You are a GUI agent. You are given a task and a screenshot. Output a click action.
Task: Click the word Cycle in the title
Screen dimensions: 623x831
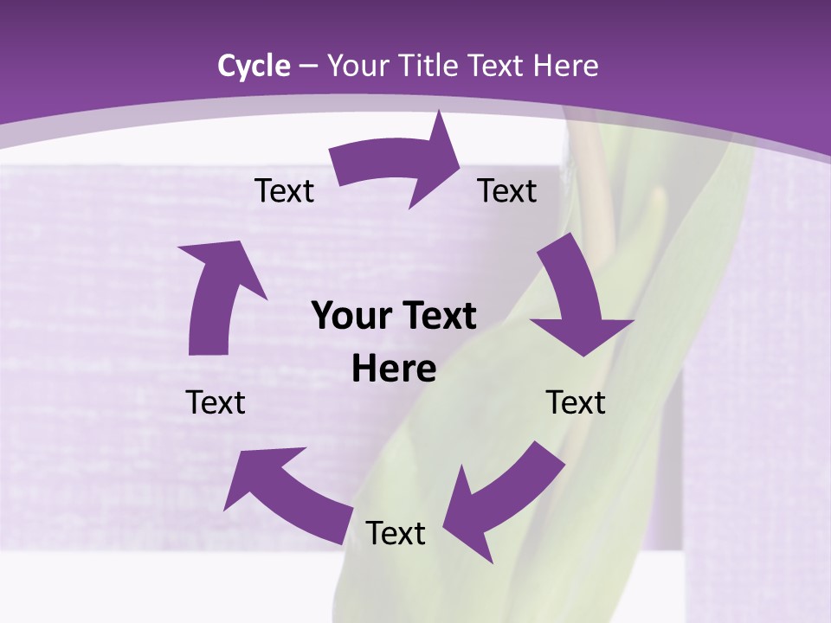click(x=254, y=66)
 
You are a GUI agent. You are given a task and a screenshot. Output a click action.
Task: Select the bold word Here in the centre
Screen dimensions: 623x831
click(x=394, y=369)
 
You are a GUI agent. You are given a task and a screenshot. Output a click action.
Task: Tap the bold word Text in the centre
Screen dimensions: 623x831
click(x=436, y=317)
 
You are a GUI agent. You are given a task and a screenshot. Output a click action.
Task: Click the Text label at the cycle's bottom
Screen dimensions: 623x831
click(x=396, y=533)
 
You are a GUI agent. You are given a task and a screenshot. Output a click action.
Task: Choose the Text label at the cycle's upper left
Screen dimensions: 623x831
click(x=284, y=190)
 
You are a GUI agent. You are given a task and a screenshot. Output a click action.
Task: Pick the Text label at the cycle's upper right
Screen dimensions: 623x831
click(x=507, y=190)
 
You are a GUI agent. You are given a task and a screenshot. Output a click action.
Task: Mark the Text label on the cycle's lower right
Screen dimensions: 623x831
click(x=576, y=402)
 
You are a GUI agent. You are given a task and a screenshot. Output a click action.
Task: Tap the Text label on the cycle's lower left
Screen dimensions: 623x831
click(x=216, y=402)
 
